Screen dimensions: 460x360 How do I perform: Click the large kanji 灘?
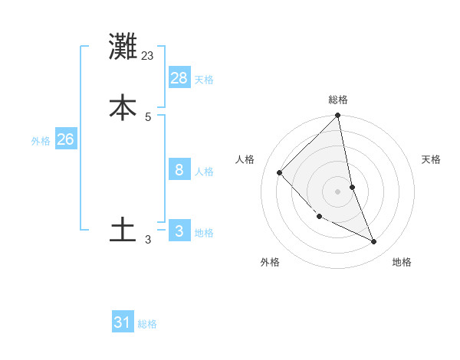point(123,47)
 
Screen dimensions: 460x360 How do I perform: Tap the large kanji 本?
point(123,107)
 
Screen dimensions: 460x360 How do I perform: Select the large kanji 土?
point(123,230)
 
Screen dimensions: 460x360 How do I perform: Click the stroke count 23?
point(148,55)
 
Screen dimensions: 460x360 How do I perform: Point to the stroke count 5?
point(148,116)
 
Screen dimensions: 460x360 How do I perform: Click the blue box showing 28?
point(179,78)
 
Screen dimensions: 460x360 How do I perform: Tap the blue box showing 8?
point(179,170)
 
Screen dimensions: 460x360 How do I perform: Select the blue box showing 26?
point(66,139)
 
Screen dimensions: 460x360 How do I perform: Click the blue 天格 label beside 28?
point(204,80)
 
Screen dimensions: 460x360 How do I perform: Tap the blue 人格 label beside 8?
point(204,172)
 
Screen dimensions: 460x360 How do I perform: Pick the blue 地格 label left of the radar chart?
point(204,233)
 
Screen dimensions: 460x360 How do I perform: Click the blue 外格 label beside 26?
point(41,141)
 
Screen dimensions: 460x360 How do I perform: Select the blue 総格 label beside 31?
point(147,324)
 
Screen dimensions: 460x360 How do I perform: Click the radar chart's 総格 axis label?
point(338,100)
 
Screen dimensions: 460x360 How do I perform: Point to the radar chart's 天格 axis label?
point(432,159)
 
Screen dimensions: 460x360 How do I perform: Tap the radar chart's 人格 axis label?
point(245,159)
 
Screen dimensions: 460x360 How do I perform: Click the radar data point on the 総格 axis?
point(338,116)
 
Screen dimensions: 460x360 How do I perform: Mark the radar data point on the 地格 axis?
point(374,242)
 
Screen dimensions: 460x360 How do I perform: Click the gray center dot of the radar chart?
point(338,191)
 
